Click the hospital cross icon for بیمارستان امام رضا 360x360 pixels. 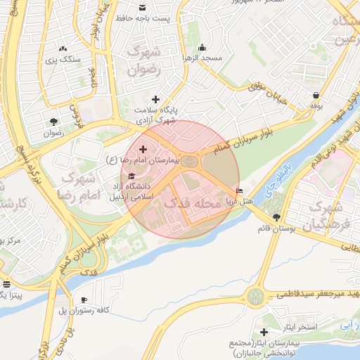(x=143, y=149)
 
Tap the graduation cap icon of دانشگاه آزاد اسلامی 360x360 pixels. (x=133, y=175)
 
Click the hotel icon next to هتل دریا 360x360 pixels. (x=240, y=191)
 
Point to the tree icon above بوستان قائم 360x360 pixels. (x=276, y=217)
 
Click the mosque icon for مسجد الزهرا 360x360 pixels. (x=202, y=48)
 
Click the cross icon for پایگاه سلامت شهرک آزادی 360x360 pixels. (x=155, y=100)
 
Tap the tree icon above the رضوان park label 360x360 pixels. (x=53, y=121)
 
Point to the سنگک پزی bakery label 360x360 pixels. (x=64, y=60)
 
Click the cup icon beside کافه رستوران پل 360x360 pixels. (x=84, y=300)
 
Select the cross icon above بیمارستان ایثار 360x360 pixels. (x=264, y=332)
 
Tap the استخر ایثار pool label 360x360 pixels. (x=297, y=328)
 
